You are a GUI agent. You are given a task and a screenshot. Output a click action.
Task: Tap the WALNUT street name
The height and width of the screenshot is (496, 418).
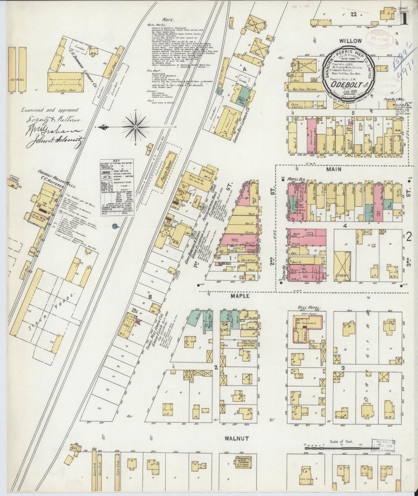235,447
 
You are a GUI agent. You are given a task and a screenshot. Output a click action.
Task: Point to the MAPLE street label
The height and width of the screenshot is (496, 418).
236,297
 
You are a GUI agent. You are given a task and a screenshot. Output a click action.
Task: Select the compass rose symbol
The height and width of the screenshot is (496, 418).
135,127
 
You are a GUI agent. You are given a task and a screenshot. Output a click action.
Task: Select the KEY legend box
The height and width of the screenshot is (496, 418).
118,188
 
